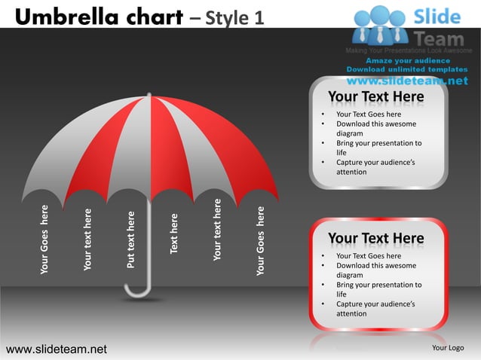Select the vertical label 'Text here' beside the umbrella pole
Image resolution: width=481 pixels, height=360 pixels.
174,233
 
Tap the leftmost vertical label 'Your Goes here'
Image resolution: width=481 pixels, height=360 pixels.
44,239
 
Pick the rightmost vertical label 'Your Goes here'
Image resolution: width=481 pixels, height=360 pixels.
261,240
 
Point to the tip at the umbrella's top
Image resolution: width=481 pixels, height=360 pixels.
150,95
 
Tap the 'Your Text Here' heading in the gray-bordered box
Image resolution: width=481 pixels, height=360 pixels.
376,97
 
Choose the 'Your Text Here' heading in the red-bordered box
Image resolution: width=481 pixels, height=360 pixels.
376,239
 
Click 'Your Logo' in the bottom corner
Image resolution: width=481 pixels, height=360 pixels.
447,348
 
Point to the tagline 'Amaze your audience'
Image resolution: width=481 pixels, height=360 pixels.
408,60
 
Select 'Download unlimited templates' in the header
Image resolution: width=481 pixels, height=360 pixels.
407,69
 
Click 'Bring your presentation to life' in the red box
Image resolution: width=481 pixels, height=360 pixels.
378,289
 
